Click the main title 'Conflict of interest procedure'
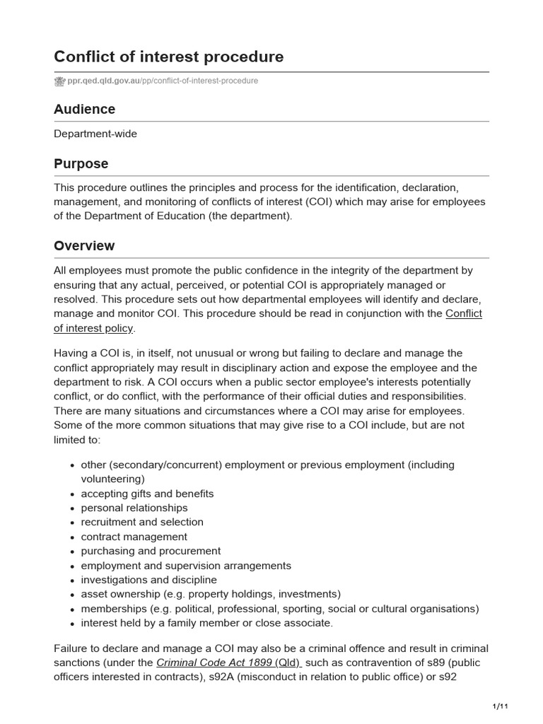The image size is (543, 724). click(169, 57)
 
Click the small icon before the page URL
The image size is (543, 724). click(59, 81)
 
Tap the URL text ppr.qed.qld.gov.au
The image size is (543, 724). click(103, 81)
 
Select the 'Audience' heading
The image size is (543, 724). click(84, 110)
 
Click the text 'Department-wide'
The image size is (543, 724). click(95, 134)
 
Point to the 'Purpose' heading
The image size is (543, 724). click(81, 164)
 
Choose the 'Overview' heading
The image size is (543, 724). click(84, 246)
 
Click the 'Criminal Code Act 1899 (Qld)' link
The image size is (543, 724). click(228, 662)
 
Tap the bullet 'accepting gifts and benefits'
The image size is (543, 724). click(147, 494)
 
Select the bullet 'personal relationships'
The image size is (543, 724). click(134, 508)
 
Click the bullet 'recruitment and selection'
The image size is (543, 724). click(142, 522)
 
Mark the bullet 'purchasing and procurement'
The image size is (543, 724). click(151, 551)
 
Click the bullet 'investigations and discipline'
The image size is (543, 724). click(149, 580)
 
